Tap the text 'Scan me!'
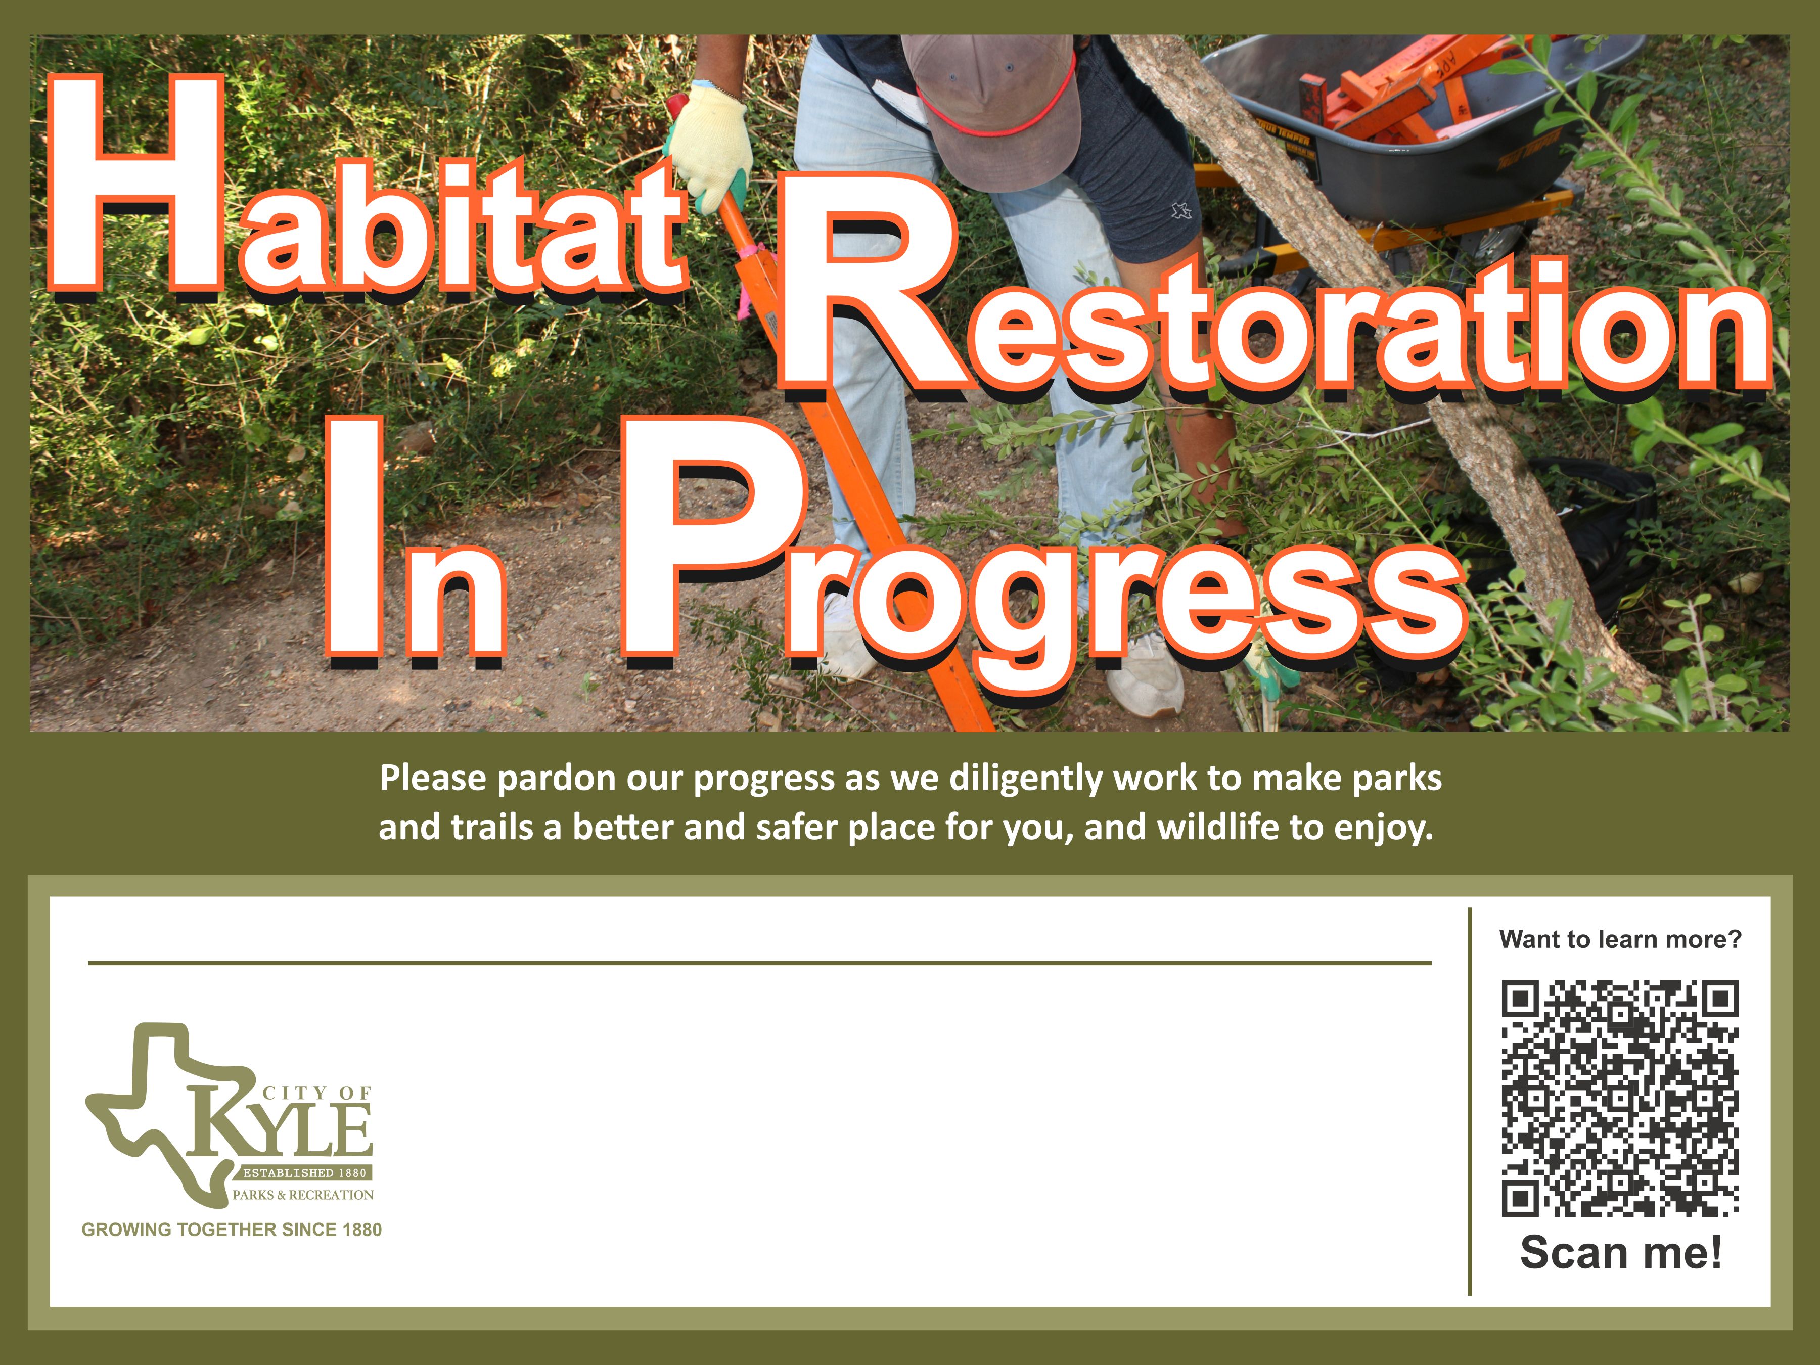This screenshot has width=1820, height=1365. point(1621,1252)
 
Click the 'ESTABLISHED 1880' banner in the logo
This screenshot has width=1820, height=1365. point(304,1172)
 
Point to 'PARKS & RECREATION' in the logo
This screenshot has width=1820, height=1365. point(303,1195)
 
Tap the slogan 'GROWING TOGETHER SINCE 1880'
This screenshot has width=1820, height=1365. point(231,1229)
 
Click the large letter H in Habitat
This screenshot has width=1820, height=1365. point(136,186)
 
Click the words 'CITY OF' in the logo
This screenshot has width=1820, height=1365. point(317,1093)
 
